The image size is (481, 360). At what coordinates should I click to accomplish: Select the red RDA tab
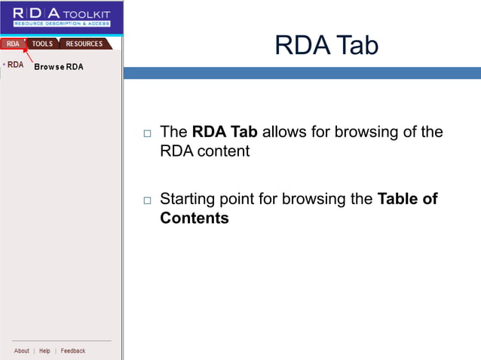click(13, 44)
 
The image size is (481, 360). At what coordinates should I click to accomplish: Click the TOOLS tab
click(42, 44)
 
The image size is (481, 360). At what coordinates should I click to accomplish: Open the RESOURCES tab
click(84, 44)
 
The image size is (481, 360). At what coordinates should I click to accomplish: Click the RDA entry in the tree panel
click(16, 65)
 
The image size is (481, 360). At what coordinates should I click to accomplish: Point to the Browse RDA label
click(59, 67)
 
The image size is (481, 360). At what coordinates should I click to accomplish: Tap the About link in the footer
click(22, 351)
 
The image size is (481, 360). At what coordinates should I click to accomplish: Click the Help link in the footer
click(44, 351)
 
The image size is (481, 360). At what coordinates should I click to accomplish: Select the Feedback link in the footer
click(73, 351)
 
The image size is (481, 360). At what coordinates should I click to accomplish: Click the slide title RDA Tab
click(326, 45)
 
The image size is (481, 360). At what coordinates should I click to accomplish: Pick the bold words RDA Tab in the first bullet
click(225, 132)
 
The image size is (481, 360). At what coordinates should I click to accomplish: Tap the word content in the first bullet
click(224, 151)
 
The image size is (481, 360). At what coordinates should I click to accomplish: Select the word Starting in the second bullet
click(188, 200)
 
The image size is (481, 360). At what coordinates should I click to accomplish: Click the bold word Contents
click(194, 218)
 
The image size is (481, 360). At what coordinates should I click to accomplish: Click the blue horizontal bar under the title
click(302, 73)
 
